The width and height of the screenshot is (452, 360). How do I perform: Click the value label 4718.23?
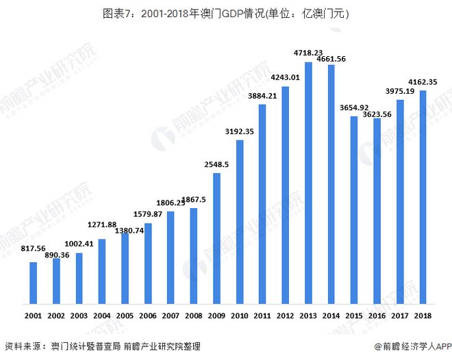pos(308,53)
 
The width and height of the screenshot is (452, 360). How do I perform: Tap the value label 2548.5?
pos(216,164)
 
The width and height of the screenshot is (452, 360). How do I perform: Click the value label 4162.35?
pos(423,82)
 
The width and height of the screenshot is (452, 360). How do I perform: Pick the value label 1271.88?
pos(102,225)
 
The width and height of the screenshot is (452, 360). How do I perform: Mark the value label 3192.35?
pos(240,131)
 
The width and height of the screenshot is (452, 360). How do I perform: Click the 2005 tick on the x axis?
pos(125,317)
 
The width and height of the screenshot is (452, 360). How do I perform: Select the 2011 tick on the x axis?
pos(262,317)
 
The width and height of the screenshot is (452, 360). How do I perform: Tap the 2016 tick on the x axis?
pos(377,317)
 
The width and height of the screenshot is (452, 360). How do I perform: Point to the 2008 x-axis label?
pos(193,317)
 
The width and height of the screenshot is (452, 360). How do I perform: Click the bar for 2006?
pos(148,263)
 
